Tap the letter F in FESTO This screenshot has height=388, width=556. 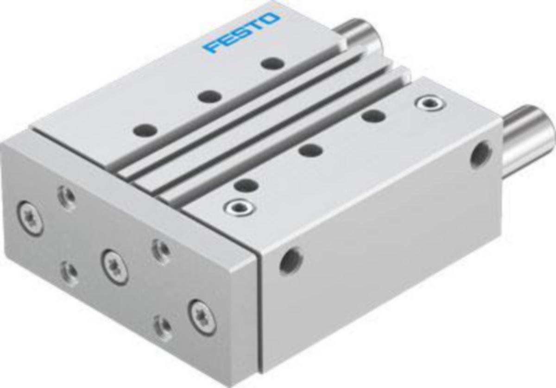click(x=209, y=47)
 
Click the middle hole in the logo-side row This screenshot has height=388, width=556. click(x=210, y=96)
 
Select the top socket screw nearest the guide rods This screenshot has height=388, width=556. click(x=430, y=103)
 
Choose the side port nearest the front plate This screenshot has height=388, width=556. click(x=291, y=261)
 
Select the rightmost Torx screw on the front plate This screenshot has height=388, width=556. click(x=202, y=317)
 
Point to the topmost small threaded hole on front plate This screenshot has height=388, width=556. click(x=67, y=197)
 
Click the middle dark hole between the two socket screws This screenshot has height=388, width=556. click(x=310, y=150)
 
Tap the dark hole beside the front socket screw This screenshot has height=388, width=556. click(x=246, y=185)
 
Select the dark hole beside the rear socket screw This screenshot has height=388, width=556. click(x=373, y=116)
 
